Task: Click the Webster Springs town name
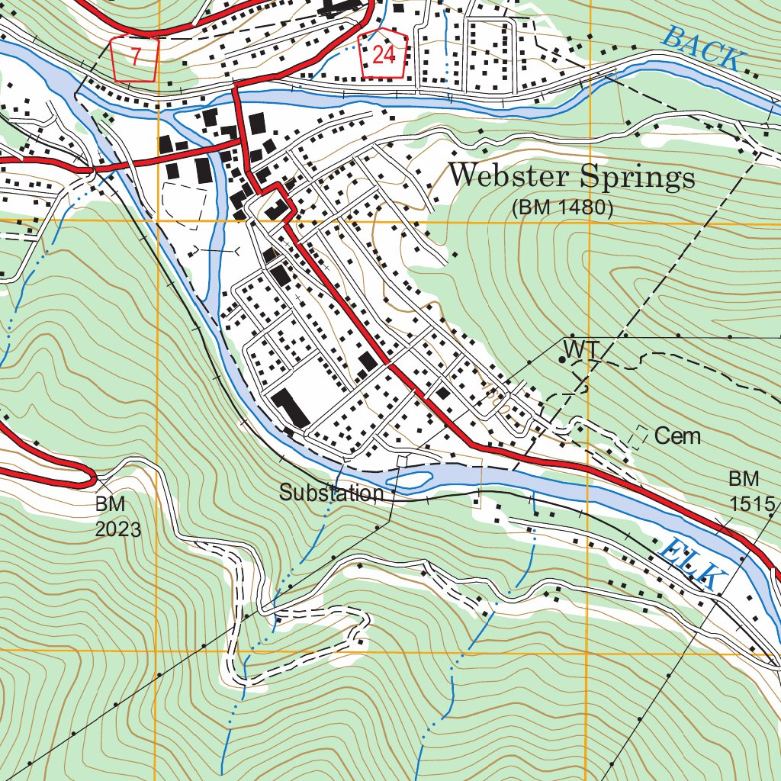tap(571, 177)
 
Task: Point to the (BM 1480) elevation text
tap(563, 207)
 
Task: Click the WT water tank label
tap(583, 349)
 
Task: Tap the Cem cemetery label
tap(677, 436)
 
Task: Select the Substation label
tap(331, 493)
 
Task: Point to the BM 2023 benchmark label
tap(117, 516)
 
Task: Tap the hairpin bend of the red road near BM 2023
tap(90, 477)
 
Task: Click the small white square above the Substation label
tap(403, 460)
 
